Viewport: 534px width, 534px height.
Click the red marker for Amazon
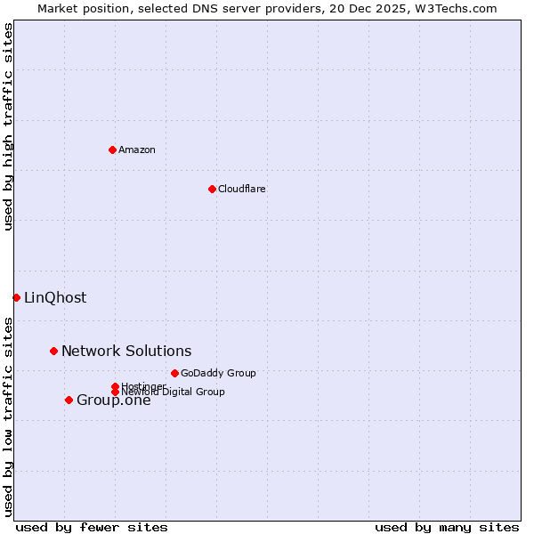tap(112, 150)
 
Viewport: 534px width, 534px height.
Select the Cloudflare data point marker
tap(212, 189)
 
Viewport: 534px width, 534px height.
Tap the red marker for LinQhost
tap(16, 297)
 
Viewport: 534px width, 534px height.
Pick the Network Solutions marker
tap(53, 351)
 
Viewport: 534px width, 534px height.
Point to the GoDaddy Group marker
tap(174, 373)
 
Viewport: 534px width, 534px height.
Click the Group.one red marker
tap(69, 400)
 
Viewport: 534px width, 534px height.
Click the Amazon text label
tap(137, 150)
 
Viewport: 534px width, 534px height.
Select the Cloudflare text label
tap(242, 189)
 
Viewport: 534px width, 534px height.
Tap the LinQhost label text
tap(55, 297)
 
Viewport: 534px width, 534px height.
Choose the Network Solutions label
tap(126, 351)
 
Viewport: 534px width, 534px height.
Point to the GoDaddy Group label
tap(218, 373)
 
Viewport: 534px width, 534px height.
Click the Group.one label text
tap(114, 400)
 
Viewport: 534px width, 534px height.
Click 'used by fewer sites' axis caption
tap(92, 527)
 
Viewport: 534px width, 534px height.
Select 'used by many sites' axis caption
tap(447, 527)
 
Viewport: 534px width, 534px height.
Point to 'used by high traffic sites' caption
tap(9, 126)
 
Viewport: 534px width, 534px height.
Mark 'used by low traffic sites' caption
tap(9, 416)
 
